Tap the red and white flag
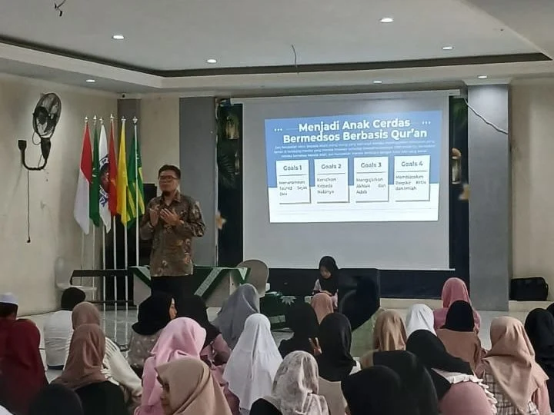83,181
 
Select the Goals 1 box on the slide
292,181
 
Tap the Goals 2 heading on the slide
332,165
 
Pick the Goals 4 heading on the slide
412,164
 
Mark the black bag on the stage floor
529,288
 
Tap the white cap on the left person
8,298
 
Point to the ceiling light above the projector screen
385,20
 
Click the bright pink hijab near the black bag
454,297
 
